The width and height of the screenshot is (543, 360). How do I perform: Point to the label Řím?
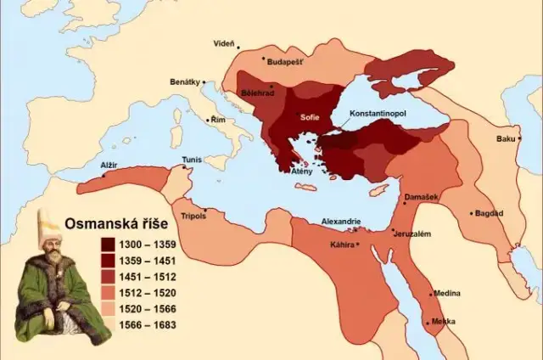click(219, 121)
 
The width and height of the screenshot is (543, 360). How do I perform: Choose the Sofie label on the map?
click(310, 117)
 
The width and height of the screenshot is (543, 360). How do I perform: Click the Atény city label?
click(302, 172)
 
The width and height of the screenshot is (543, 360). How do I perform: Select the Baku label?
click(507, 138)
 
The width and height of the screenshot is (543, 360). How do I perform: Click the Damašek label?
click(422, 196)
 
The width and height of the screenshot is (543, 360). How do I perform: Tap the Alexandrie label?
click(341, 222)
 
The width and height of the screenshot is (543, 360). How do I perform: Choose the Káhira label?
click(342, 245)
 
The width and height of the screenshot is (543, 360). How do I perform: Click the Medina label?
click(447, 293)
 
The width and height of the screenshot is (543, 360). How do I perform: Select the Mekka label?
click(444, 321)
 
